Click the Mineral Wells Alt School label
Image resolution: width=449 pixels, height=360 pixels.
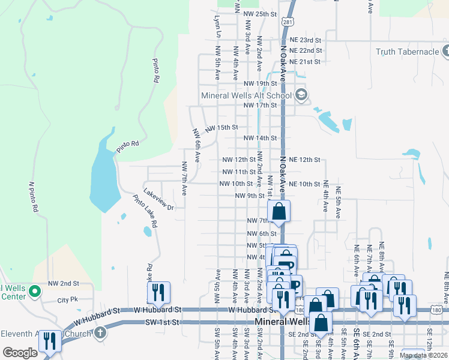(246, 95)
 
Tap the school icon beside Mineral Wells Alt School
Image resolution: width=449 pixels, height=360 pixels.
(301, 95)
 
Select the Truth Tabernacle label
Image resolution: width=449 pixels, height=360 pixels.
(408, 52)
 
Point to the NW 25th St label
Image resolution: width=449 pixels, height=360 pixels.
(262, 14)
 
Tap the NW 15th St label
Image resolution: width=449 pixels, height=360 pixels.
(221, 128)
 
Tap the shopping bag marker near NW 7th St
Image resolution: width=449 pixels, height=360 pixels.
(279, 211)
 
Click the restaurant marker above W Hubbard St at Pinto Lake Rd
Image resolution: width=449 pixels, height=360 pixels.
(158, 293)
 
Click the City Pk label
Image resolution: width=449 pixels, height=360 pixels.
(68, 299)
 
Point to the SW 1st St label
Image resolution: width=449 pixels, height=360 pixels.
(163, 322)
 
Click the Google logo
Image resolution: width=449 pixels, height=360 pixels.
(20, 353)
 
